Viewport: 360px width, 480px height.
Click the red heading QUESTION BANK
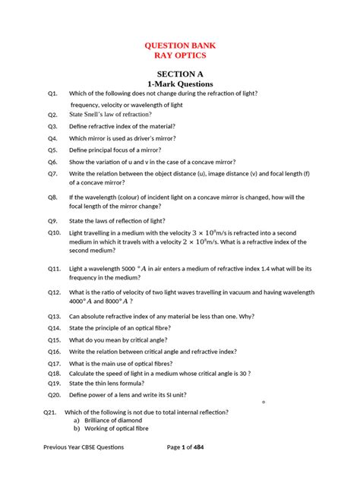click(179, 45)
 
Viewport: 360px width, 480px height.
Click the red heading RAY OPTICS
click(179, 55)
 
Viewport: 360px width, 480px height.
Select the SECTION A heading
click(179, 73)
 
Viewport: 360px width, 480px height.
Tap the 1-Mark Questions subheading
click(179, 84)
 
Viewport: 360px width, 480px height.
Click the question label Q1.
click(52, 93)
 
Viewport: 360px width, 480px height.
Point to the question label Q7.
click(52, 173)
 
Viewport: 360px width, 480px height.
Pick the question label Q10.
click(54, 232)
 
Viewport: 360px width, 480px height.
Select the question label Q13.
click(54, 316)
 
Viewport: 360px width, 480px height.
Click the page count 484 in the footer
click(199, 447)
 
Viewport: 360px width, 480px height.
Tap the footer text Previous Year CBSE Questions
click(84, 447)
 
